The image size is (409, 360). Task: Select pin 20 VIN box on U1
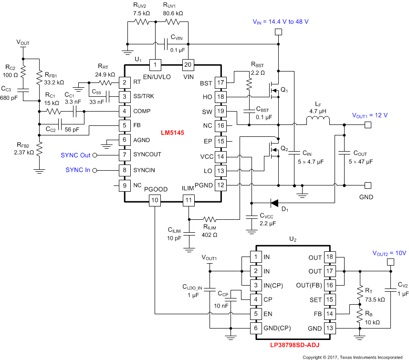(x=189, y=64)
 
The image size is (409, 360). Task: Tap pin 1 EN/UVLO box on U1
(x=155, y=64)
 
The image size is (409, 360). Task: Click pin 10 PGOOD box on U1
(x=155, y=200)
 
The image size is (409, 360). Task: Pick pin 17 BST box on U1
(x=220, y=83)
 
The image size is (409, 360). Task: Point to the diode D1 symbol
(x=274, y=203)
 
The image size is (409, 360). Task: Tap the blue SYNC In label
(x=77, y=170)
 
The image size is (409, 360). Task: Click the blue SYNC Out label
(x=75, y=155)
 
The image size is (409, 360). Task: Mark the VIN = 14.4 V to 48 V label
(x=280, y=21)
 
